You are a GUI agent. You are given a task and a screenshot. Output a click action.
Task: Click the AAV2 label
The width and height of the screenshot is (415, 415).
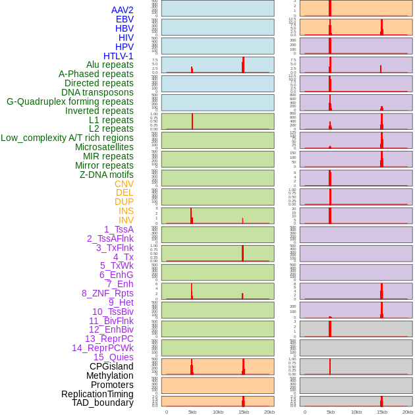(122, 10)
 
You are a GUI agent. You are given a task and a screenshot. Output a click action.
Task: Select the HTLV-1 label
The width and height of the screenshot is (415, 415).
(118, 56)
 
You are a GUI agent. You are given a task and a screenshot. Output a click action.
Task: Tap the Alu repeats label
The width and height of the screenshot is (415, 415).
(109, 65)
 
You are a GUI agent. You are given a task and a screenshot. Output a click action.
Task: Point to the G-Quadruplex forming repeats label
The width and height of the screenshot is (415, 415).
(70, 101)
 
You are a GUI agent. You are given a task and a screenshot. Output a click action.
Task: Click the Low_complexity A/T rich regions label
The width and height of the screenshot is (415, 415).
(67, 138)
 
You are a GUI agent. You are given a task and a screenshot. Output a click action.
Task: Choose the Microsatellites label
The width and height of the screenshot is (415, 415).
(104, 147)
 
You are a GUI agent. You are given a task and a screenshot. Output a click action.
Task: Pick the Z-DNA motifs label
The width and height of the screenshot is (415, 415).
(107, 175)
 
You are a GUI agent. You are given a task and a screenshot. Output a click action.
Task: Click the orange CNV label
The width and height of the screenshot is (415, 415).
(124, 184)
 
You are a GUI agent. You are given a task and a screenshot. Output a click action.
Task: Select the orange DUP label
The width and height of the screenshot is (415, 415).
(124, 202)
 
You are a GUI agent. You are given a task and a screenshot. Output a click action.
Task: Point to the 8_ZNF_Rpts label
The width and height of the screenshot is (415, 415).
(107, 293)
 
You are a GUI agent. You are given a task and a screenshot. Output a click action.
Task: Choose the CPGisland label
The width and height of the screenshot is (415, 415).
(111, 366)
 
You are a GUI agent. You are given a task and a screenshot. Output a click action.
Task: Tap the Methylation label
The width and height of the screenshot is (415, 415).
(109, 375)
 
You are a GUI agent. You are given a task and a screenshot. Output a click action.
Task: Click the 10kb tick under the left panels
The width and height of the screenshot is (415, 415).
(218, 412)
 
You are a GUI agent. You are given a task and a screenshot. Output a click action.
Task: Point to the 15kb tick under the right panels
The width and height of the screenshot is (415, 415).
(382, 412)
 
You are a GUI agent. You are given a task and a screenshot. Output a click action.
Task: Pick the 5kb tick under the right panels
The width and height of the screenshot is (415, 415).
(331, 412)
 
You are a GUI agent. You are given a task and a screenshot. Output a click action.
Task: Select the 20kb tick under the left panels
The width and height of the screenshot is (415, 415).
(269, 412)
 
